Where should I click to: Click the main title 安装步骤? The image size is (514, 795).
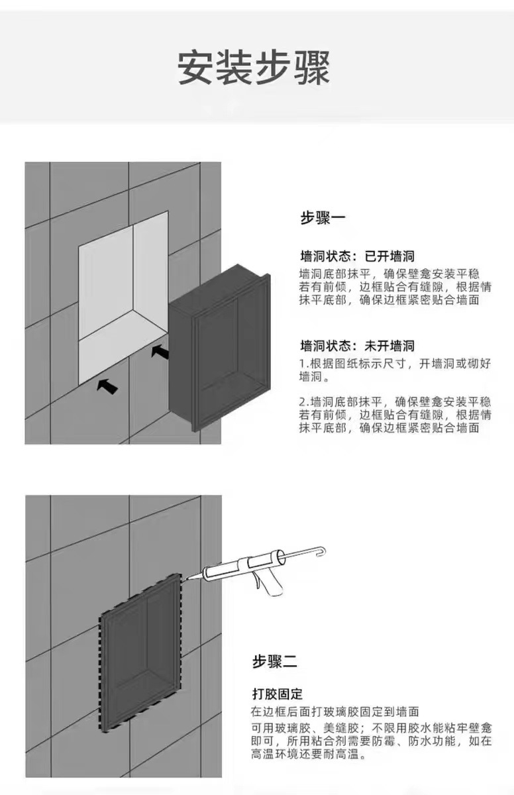254,68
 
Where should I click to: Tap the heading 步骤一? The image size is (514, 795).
323,217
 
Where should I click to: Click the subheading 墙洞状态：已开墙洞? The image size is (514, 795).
357,256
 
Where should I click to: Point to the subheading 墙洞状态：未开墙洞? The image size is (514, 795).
357,345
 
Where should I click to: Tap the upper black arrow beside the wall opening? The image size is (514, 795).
160,351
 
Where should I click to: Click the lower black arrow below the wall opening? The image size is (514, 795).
107,386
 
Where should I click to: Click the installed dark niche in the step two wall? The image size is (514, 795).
140,653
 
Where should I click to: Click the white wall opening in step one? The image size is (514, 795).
123,297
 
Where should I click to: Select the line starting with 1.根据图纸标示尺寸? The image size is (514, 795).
395,364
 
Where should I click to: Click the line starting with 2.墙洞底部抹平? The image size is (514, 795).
395,401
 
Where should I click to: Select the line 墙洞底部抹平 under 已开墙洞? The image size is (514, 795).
389,274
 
